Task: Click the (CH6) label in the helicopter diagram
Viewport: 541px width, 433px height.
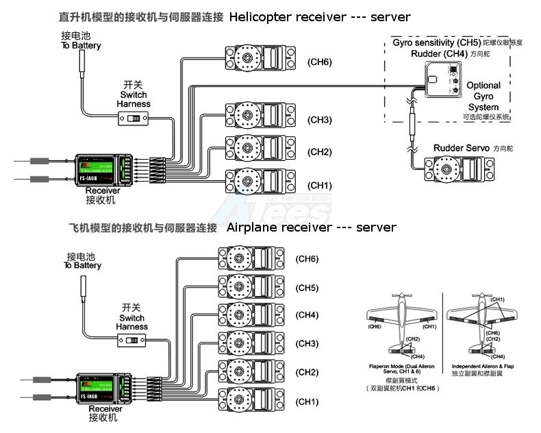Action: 320,62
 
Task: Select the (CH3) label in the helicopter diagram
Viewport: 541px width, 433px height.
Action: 320,120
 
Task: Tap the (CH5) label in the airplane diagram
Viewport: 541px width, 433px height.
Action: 307,288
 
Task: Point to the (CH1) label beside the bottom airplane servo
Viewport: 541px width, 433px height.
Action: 307,401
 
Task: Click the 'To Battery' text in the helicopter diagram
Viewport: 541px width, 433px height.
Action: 81,46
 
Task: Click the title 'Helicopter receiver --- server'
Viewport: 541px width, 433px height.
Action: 320,17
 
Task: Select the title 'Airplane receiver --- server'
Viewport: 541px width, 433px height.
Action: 311,227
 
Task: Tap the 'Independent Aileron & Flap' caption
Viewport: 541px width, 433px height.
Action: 482,366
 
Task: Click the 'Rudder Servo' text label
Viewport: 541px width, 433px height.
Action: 462,148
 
